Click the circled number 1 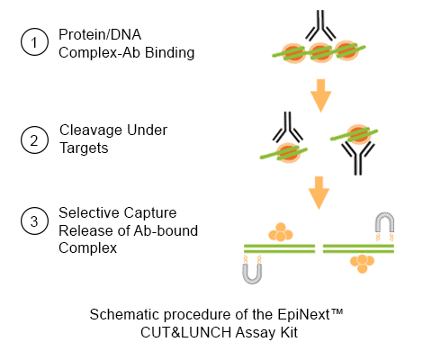tap(34, 42)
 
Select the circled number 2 tap(34, 140)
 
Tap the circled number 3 tap(34, 221)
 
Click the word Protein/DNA tap(100, 35)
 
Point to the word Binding tap(170, 53)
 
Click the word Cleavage tap(91, 130)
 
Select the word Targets tap(84, 148)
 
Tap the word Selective tap(89, 212)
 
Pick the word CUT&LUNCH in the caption tap(185, 332)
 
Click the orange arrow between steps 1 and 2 tap(320, 95)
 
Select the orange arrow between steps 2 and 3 tap(319, 193)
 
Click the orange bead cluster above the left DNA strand tap(281, 232)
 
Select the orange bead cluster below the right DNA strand tap(362, 264)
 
